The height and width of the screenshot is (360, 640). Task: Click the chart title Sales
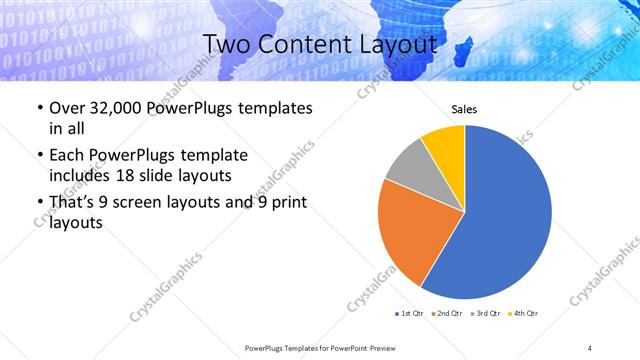(465, 109)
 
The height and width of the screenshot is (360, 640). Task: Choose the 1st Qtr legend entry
(410, 315)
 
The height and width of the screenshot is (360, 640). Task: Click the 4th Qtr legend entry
(524, 315)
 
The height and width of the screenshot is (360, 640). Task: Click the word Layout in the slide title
(395, 45)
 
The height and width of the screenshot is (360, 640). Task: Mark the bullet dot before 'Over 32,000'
(38, 108)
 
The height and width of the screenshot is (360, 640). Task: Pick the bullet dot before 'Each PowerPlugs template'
(38, 156)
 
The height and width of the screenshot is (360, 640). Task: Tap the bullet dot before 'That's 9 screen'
(38, 204)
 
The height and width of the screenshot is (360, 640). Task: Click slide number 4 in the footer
(589, 347)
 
